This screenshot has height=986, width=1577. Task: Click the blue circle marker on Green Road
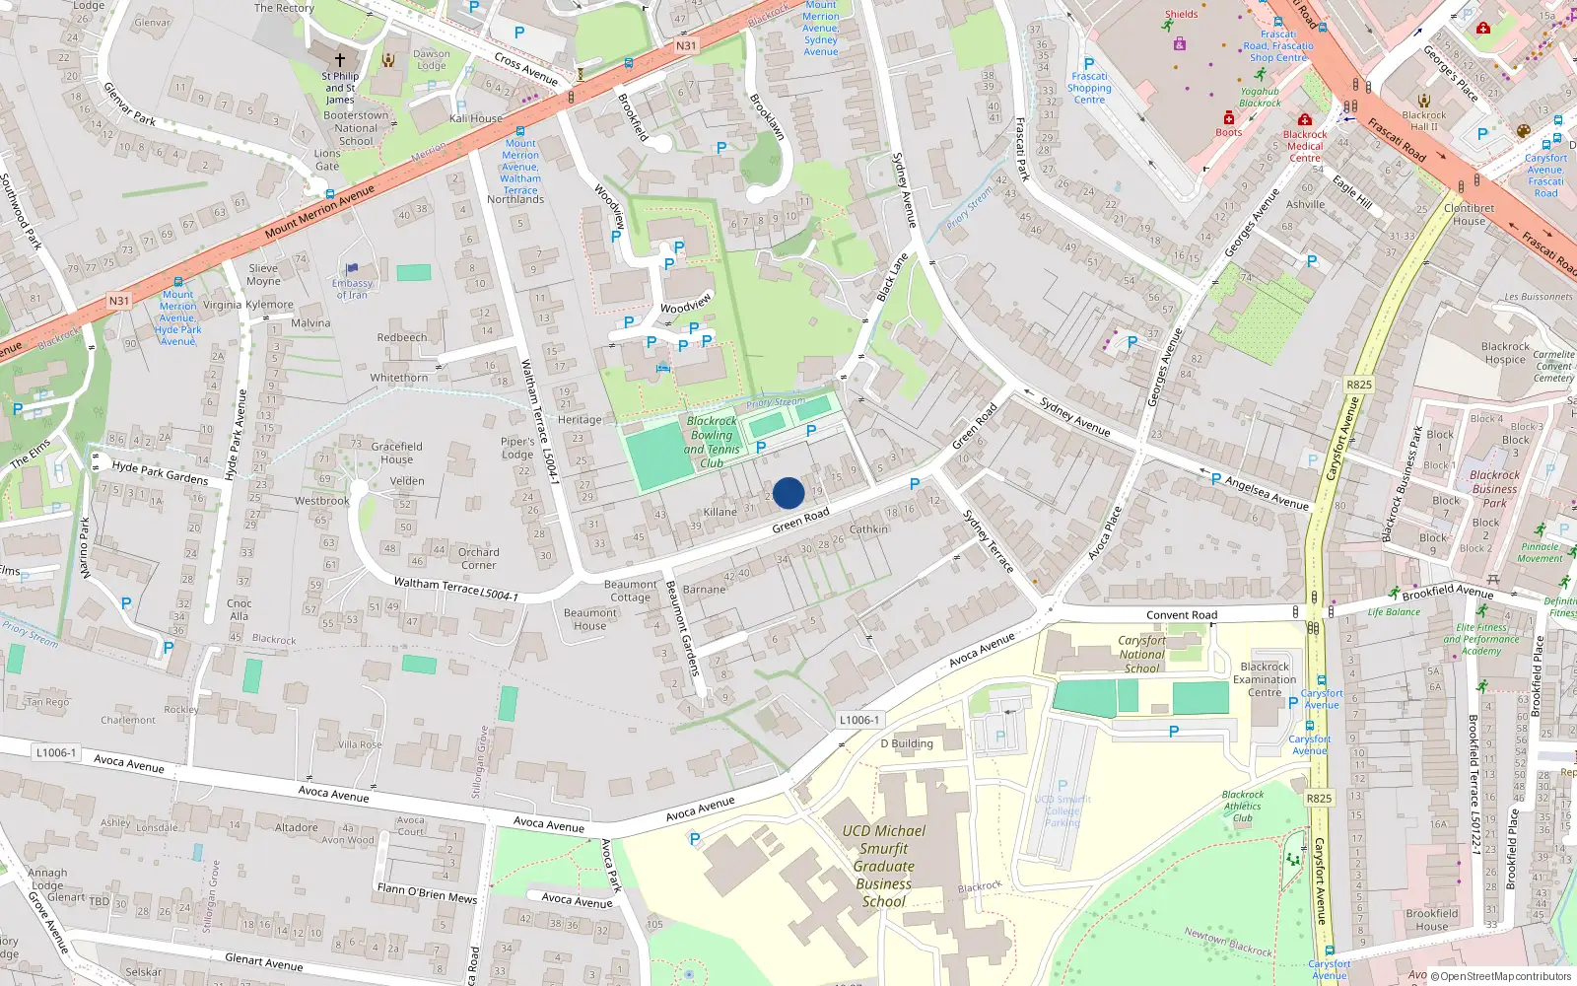pyautogui.click(x=788, y=493)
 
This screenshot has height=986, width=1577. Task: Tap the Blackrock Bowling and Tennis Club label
pyautogui.click(x=712, y=442)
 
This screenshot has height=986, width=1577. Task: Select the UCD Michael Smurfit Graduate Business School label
pyautogui.click(x=883, y=866)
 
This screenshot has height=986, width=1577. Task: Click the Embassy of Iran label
pyautogui.click(x=352, y=288)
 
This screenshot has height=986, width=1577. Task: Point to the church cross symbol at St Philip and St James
pyautogui.click(x=340, y=60)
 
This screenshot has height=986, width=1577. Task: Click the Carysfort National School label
pyautogui.click(x=1141, y=654)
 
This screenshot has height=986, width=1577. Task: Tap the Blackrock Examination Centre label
pyautogui.click(x=1265, y=679)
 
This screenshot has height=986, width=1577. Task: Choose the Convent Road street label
pyautogui.click(x=1182, y=614)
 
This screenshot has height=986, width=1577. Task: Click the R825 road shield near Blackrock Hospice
pyautogui.click(x=1358, y=385)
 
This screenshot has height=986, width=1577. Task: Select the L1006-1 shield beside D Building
pyautogui.click(x=859, y=720)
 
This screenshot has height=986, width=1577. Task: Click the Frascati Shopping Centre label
pyautogui.click(x=1089, y=88)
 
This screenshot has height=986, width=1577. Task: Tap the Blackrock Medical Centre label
pyautogui.click(x=1305, y=146)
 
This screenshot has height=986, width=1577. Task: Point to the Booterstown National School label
pyautogui.click(x=356, y=128)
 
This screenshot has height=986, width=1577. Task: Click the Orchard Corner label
pyautogui.click(x=478, y=558)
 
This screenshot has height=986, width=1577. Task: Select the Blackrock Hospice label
pyautogui.click(x=1505, y=353)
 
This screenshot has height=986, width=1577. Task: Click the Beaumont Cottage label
pyautogui.click(x=630, y=591)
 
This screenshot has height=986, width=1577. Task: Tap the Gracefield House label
pyautogui.click(x=396, y=453)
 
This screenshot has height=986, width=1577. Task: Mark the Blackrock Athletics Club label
pyautogui.click(x=1242, y=806)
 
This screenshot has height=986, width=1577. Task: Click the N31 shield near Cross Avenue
pyautogui.click(x=686, y=46)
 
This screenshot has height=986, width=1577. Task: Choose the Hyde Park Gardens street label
pyautogui.click(x=160, y=472)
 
